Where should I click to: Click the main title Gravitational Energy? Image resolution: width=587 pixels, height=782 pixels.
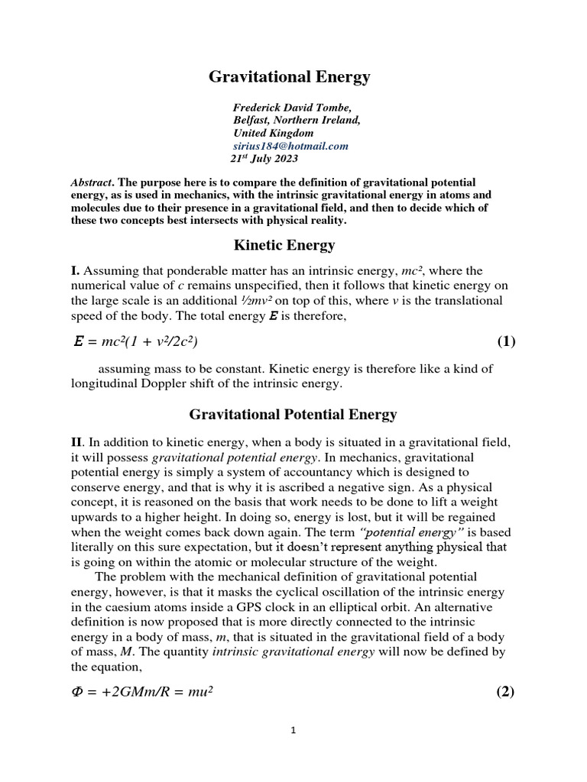(290, 76)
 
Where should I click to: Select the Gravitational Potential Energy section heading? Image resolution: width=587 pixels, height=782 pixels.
(293, 415)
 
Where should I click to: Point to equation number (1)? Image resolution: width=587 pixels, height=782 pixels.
(506, 341)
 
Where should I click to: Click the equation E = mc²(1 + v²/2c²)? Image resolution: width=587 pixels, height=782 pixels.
(140, 341)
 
